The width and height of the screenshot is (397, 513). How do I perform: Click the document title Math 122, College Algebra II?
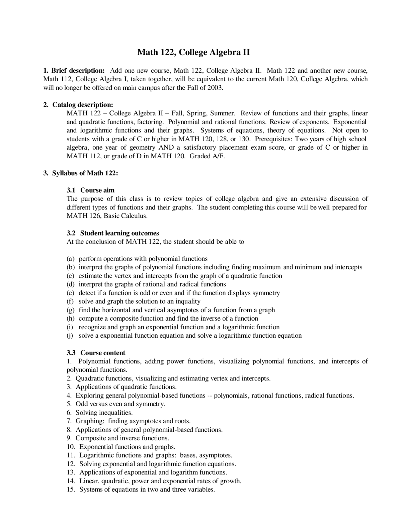(194, 52)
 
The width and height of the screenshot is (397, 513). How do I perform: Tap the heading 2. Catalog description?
(78, 105)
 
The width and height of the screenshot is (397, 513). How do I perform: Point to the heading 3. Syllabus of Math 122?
(81, 173)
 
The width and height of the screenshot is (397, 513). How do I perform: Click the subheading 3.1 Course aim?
(91, 190)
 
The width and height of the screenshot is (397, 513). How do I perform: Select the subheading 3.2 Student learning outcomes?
(113, 233)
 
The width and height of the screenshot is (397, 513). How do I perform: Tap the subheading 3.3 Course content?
(96, 353)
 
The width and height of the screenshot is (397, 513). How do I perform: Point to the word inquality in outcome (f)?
(188, 301)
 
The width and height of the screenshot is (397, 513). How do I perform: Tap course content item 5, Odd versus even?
(120, 404)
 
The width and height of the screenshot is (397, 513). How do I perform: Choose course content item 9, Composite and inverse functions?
(122, 438)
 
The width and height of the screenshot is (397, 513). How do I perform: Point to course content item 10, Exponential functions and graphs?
(127, 447)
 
